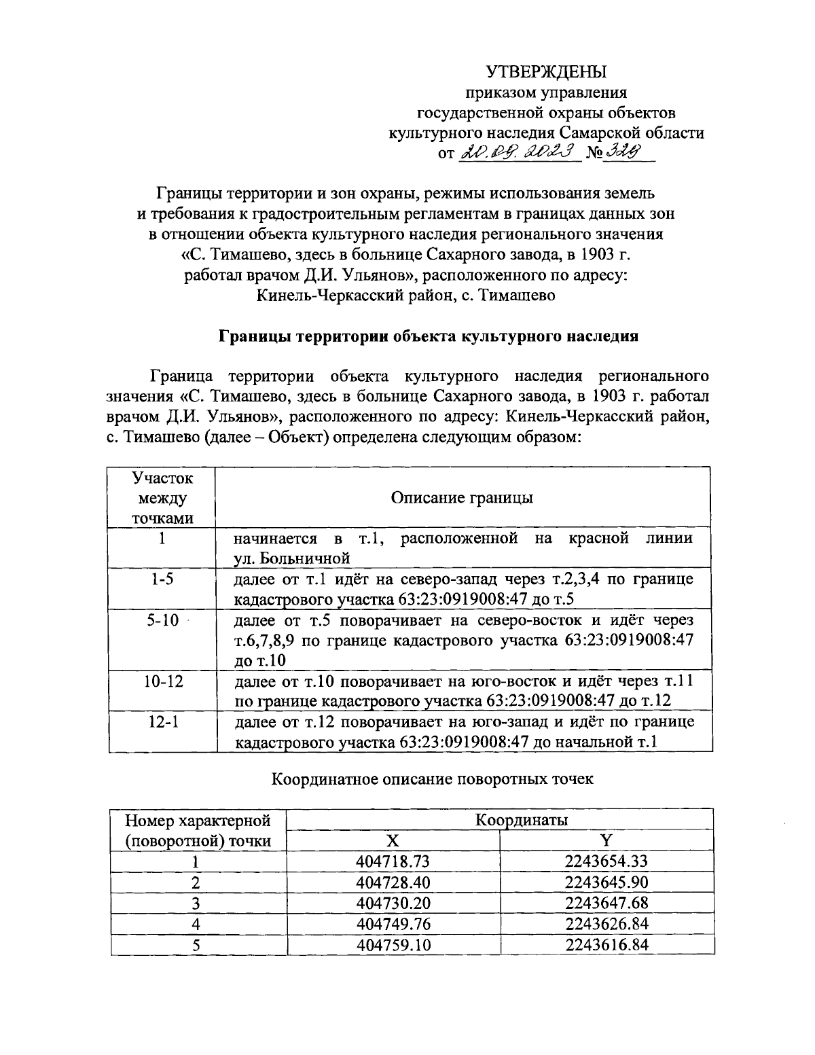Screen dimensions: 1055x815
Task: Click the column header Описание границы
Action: (462, 498)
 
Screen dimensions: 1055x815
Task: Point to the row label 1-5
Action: (162, 579)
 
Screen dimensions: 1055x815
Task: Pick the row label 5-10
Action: (162, 620)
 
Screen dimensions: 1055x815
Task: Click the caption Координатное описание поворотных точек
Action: (432, 779)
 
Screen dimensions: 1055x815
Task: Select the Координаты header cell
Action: (521, 819)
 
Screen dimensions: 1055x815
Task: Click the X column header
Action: (393, 840)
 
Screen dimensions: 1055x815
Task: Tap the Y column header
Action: (606, 840)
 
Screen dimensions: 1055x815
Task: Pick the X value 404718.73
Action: (393, 861)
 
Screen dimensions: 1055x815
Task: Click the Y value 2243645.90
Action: (606, 882)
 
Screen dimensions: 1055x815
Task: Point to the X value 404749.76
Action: (393, 924)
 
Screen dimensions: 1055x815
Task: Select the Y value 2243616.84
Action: (606, 945)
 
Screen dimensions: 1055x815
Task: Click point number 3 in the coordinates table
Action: (196, 904)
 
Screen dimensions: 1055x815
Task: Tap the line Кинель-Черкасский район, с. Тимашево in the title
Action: (407, 296)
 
